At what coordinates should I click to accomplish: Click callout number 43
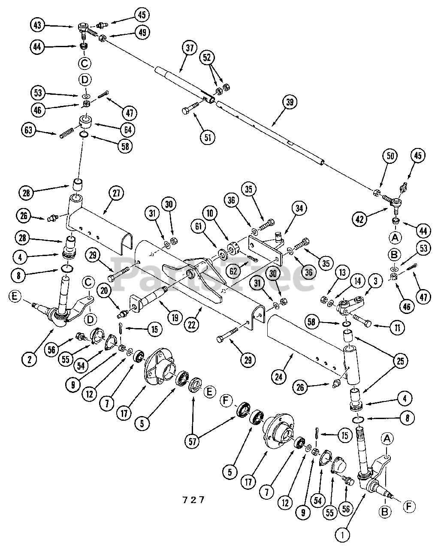[x=37, y=25]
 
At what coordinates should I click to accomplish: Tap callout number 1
[x=342, y=534]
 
